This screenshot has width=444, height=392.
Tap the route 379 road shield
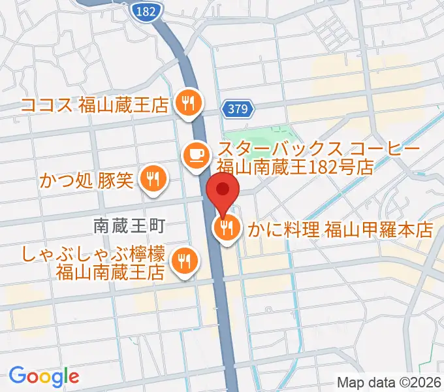[238, 110]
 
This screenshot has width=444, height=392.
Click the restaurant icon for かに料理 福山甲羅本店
[227, 229]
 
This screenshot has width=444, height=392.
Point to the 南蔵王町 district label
[131, 226]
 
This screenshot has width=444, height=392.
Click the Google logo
[44, 376]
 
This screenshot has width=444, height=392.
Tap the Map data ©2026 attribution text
[388, 383]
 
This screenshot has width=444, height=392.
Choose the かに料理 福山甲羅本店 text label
[340, 229]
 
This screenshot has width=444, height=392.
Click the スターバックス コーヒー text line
[318, 150]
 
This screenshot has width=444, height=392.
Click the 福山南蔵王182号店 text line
[294, 167]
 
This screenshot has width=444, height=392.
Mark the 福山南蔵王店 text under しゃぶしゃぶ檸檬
[109, 270]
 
